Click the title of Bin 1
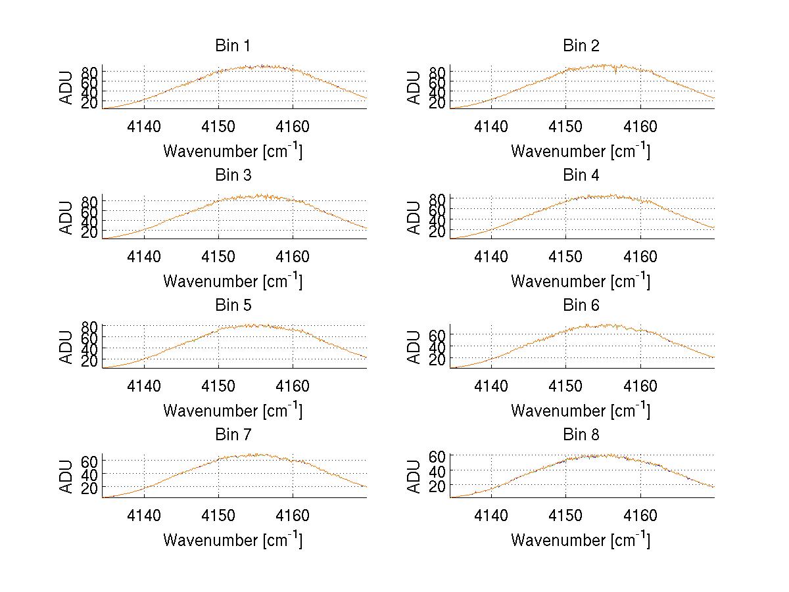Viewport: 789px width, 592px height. [x=233, y=46]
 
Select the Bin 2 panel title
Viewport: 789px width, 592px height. [x=581, y=46]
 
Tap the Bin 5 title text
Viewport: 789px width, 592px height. [x=233, y=306]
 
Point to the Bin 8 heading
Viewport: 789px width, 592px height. [x=581, y=435]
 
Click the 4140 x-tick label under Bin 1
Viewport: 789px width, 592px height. [x=144, y=127]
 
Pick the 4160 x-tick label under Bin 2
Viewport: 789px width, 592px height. [x=640, y=127]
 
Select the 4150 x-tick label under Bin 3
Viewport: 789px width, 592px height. [x=218, y=257]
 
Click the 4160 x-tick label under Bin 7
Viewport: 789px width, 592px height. [x=293, y=516]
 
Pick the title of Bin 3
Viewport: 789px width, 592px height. [x=233, y=175]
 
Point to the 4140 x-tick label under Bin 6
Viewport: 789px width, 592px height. [x=491, y=386]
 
